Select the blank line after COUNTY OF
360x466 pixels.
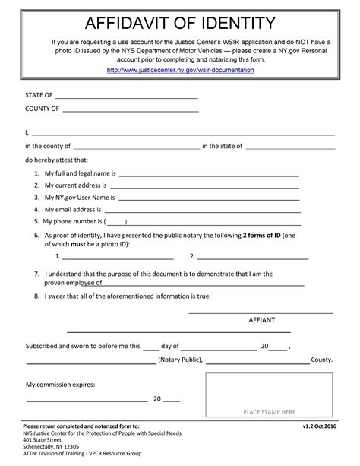point(130,111)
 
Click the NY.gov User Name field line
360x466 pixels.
point(207,198)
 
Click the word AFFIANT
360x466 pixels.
point(262,320)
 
